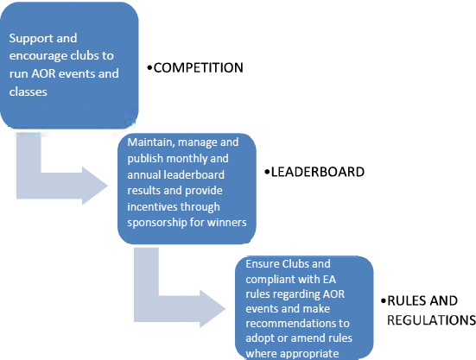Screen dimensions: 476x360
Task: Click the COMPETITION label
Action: point(198,67)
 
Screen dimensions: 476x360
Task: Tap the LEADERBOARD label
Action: point(318,172)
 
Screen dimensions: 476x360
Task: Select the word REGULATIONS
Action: point(431,320)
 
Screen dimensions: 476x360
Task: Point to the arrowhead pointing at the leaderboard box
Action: point(95,186)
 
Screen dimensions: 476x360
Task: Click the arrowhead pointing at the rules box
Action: point(213,309)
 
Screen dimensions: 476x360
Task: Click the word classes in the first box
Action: point(29,92)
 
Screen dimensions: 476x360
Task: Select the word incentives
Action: point(149,207)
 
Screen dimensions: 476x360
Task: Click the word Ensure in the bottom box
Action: point(262,264)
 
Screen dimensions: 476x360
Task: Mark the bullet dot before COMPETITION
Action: point(149,68)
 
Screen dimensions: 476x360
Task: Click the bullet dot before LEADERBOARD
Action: point(267,173)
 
